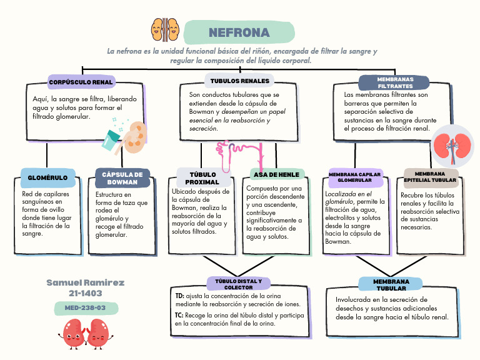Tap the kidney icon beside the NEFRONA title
(165, 29)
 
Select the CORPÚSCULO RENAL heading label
(81, 82)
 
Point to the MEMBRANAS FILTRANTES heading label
(395, 82)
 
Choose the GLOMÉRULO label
(47, 177)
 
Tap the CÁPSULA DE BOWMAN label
(122, 178)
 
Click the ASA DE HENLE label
(277, 174)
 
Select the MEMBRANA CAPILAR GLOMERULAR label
(355, 177)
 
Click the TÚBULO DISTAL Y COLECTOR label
(239, 284)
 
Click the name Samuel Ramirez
(86, 282)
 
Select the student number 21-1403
(86, 292)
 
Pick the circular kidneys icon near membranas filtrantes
(453, 145)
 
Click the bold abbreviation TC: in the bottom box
(179, 316)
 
